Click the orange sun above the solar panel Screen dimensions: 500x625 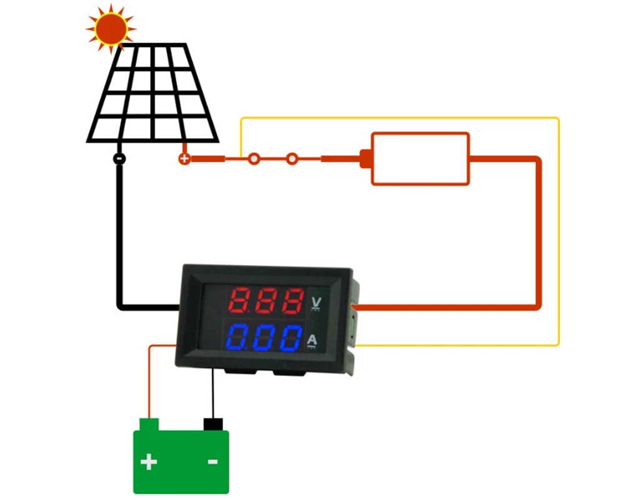coord(111,27)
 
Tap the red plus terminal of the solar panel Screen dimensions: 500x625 coord(184,159)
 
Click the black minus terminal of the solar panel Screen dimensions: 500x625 coord(119,159)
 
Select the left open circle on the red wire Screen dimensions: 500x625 coord(253,159)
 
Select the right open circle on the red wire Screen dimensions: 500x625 coord(292,159)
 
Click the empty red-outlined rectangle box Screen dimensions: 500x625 coord(420,159)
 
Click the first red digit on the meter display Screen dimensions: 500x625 coord(240,301)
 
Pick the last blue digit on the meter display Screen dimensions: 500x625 coord(291,338)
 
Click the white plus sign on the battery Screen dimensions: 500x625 coord(149,462)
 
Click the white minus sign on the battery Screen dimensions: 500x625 coord(212,462)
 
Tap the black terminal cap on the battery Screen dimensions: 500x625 coord(213,424)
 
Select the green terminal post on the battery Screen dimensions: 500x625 coord(149,425)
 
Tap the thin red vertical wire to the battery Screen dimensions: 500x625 coord(149,381)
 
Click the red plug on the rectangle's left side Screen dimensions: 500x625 coord(365,159)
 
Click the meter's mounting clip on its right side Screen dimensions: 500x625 coord(355,322)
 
